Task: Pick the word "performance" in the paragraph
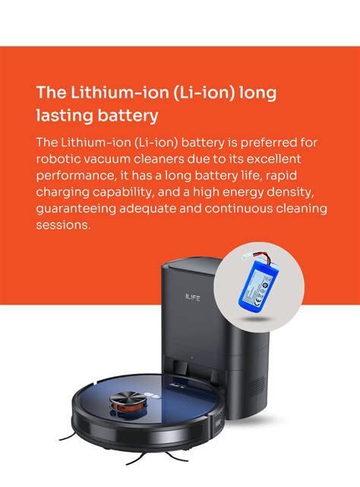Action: click(x=74, y=176)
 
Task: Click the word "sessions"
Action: click(x=62, y=225)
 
